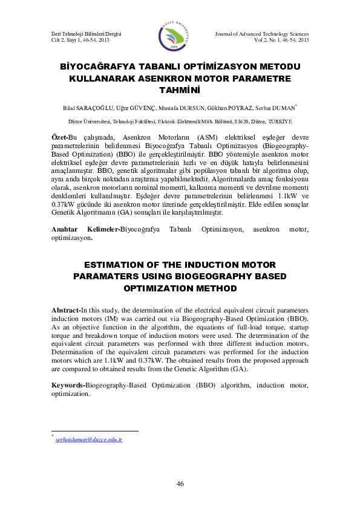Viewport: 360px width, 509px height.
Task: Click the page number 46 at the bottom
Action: point(180,483)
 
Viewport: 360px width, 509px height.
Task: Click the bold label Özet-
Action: point(61,138)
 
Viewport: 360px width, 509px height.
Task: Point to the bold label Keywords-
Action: point(68,385)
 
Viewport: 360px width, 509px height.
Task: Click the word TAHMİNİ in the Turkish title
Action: point(179,90)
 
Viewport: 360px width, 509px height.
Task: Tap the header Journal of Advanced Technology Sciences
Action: point(262,34)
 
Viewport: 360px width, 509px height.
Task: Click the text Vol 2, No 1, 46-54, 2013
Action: point(277,40)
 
